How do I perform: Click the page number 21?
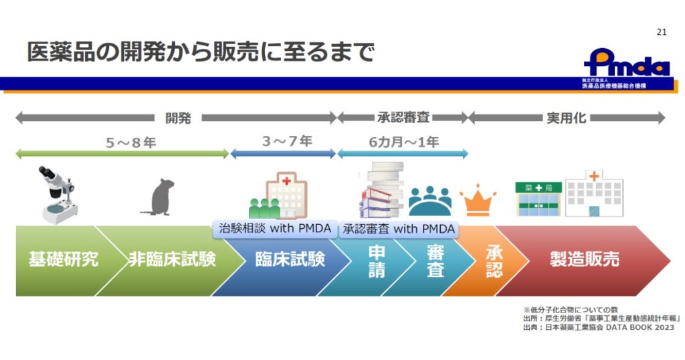(x=662, y=31)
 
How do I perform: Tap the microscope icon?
(x=57, y=195)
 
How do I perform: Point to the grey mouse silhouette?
(x=159, y=197)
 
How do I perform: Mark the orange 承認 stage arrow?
(x=494, y=261)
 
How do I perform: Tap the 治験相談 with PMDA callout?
(x=274, y=229)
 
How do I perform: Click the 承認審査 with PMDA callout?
(x=399, y=229)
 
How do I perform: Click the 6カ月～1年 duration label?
(x=403, y=142)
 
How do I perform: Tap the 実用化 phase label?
(x=566, y=118)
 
